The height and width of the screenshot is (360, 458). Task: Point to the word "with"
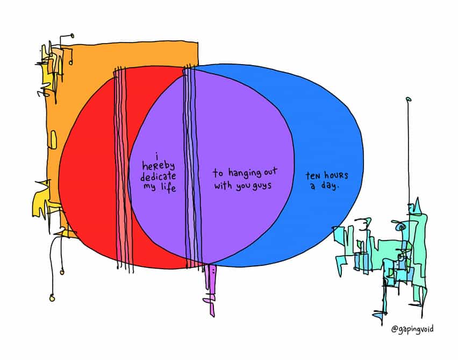click(225, 186)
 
